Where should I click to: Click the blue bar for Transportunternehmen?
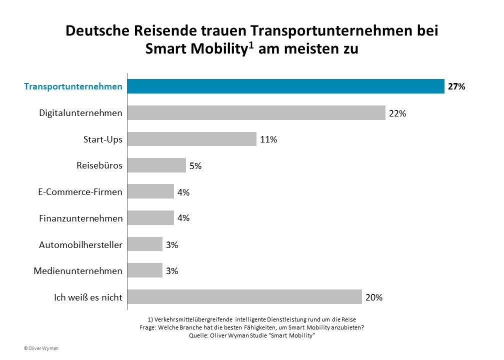point(285,86)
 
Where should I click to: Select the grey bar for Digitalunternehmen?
point(256,113)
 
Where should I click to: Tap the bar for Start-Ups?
point(191,139)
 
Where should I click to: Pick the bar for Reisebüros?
point(156,165)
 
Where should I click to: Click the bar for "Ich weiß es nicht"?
point(244,297)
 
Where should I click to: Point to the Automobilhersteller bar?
point(144,244)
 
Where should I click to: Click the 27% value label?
point(456,86)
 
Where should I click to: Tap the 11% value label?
point(268,139)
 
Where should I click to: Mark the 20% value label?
point(374,297)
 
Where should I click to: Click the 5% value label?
point(195,166)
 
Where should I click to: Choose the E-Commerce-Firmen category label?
point(80,192)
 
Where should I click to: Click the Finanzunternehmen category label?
point(80,218)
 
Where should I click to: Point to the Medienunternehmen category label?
point(78,271)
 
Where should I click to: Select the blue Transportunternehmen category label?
point(73,86)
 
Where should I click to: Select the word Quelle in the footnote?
point(197,335)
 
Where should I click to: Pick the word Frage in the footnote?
point(148,327)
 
